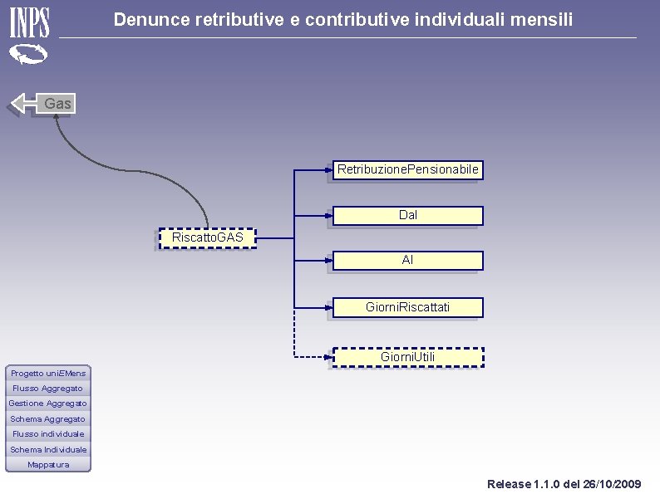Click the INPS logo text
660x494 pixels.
coord(29,22)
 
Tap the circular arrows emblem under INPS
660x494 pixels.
coord(28,54)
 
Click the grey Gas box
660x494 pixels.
coord(56,104)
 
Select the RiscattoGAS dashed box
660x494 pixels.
coord(208,238)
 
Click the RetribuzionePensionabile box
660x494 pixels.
coord(408,170)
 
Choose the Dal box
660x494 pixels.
coord(408,216)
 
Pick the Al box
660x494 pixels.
coord(408,261)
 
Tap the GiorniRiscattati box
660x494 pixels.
coord(408,307)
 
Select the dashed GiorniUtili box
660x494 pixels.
coord(408,357)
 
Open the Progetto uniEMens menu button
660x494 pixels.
coord(48,374)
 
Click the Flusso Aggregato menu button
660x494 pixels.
coord(48,389)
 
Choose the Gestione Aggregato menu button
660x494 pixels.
coord(48,404)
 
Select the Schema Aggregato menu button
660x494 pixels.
coord(48,419)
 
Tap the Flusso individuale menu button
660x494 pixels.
coord(48,434)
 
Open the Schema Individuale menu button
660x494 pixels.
coord(48,449)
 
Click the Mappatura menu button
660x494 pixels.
coord(48,465)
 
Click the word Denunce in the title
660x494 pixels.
coord(152,20)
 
